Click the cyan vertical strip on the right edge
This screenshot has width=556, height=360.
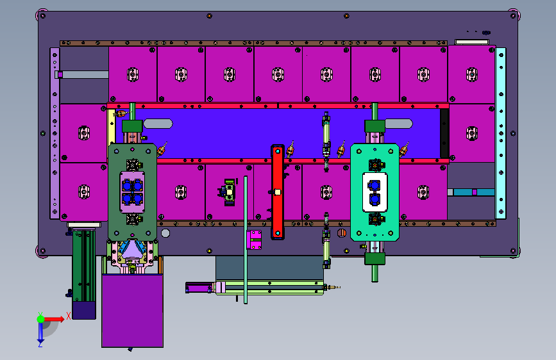click(x=501, y=133)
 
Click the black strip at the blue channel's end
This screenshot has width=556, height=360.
click(x=444, y=133)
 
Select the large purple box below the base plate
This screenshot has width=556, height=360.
click(x=132, y=311)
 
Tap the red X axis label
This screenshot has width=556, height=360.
click(x=69, y=316)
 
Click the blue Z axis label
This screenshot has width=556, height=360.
click(x=40, y=344)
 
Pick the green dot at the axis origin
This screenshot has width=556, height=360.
click(x=41, y=319)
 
